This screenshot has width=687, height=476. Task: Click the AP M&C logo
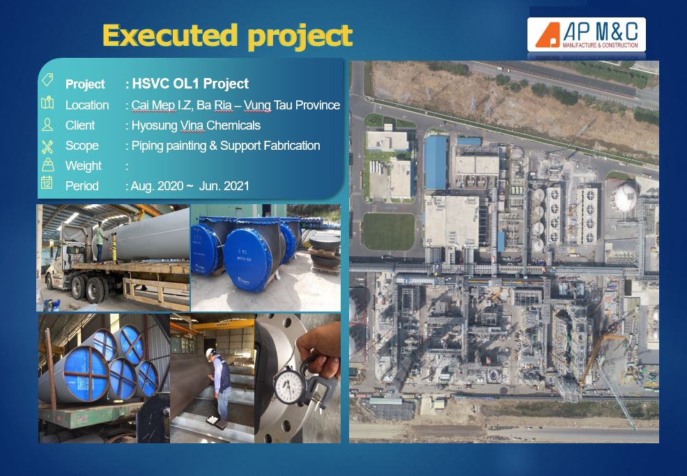(x=586, y=35)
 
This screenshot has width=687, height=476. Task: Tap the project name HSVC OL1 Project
(x=190, y=83)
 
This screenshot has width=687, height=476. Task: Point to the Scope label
(x=82, y=146)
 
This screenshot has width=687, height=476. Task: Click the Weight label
(x=83, y=166)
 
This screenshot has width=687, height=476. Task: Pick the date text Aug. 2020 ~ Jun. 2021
(x=190, y=186)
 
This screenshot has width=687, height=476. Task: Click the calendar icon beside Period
(x=47, y=183)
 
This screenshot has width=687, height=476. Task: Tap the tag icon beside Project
(x=47, y=79)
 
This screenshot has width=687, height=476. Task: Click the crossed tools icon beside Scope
(x=47, y=146)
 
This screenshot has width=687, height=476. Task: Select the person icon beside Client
(x=47, y=125)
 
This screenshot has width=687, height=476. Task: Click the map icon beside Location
(x=47, y=102)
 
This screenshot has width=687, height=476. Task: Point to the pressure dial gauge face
(x=290, y=385)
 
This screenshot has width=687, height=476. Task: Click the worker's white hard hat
(x=210, y=352)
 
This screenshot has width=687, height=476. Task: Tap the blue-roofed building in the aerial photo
(x=436, y=162)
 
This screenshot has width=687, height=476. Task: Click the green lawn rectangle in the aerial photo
(x=389, y=231)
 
